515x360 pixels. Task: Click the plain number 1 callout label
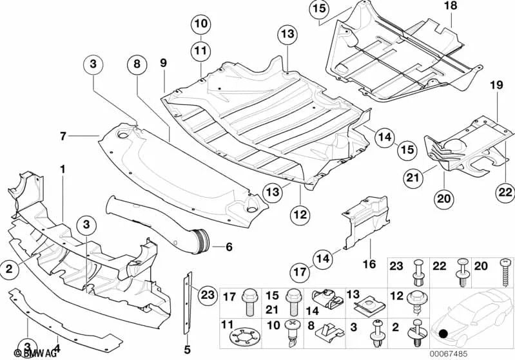(x=63, y=168)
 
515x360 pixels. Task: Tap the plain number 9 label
(x=163, y=62)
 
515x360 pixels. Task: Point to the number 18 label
(x=450, y=6)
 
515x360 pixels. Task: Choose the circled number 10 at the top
(x=200, y=25)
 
